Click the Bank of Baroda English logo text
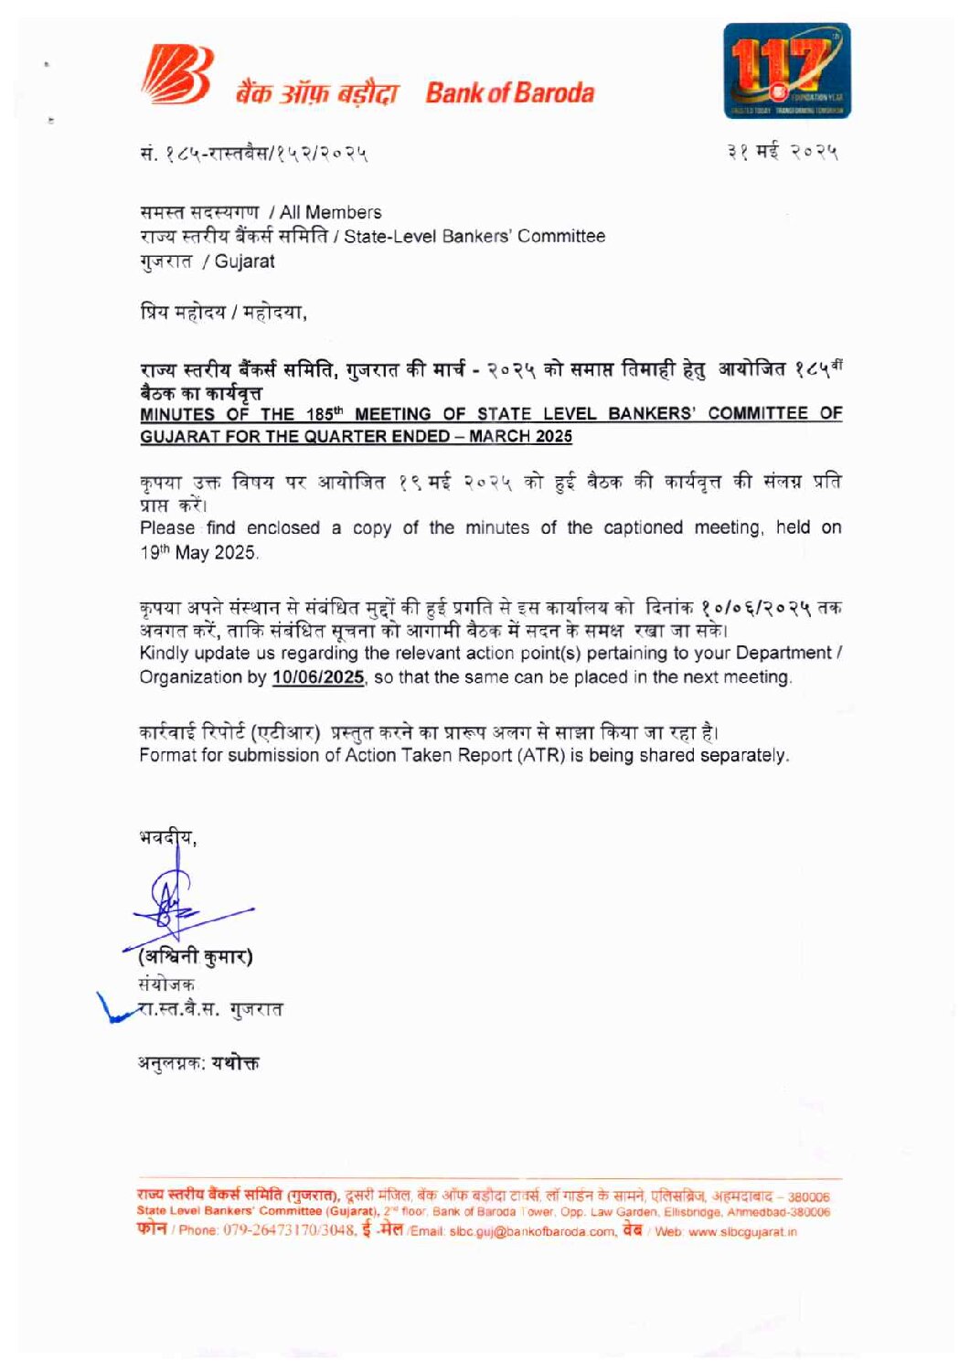click(x=509, y=92)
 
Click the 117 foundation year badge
click(x=786, y=70)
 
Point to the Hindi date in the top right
click(x=783, y=152)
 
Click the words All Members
click(x=331, y=212)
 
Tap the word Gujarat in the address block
click(x=244, y=261)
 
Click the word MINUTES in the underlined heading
click(x=176, y=414)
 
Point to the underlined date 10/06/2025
click(x=318, y=677)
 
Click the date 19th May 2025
click(x=198, y=552)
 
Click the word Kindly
click(x=164, y=653)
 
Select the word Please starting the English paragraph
click(x=166, y=527)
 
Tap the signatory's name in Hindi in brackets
click(x=196, y=957)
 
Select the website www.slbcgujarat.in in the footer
click(x=742, y=1231)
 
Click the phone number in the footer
click(x=289, y=1230)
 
